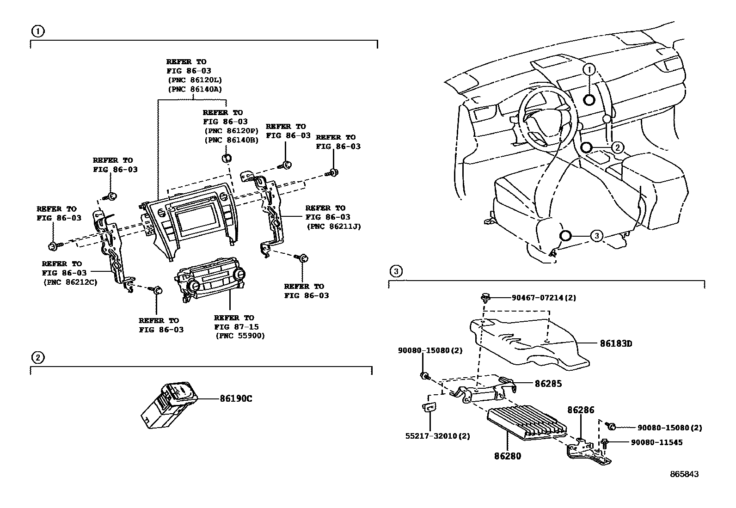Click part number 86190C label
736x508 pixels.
tap(236, 398)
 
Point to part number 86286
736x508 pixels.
tap(581, 410)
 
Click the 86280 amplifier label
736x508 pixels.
tap(507, 456)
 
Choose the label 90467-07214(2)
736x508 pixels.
tap(544, 298)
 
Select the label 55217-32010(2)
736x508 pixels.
tap(437, 436)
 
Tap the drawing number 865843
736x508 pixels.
tap(685, 474)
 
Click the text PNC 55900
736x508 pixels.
tap(240, 336)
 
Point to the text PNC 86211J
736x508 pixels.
tap(333, 226)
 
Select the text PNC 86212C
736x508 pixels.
tap(70, 282)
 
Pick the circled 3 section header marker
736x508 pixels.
tap(396, 271)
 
